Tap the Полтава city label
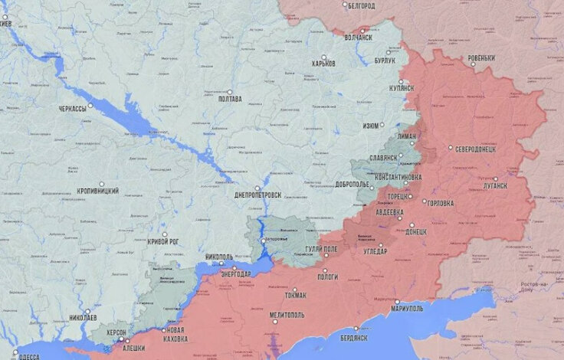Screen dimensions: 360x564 tap(229, 99)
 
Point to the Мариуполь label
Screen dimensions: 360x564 tap(407, 309)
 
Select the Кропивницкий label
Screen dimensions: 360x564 tap(98, 191)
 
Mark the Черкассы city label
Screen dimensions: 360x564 tap(72, 110)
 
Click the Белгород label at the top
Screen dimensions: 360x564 tap(361, 6)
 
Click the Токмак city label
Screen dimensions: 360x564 tap(294, 296)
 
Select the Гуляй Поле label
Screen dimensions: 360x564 tap(321, 250)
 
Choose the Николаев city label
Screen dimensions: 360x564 tap(83, 316)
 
